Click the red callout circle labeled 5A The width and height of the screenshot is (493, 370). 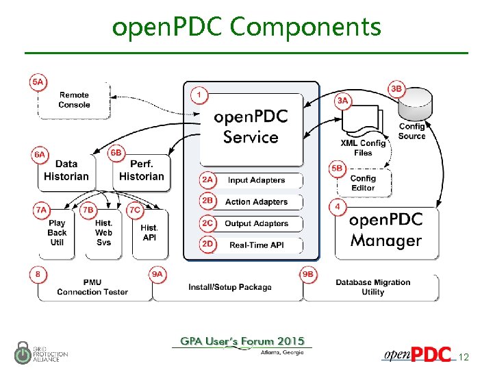point(38,82)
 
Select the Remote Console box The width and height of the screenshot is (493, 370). point(74,100)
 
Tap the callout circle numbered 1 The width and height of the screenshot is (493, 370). point(199,94)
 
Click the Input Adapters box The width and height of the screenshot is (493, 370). point(257,180)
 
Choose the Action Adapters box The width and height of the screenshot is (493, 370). point(257,202)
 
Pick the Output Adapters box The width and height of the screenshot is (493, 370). point(257,223)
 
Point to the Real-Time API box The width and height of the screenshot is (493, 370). point(257,245)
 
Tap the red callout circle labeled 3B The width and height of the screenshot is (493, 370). point(396,89)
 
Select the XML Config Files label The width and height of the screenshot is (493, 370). point(363,148)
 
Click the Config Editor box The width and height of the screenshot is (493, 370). point(363,183)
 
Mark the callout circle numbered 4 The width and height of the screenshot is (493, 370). point(337,206)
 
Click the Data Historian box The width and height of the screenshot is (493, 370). point(66,170)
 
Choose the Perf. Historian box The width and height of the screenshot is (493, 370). point(142,170)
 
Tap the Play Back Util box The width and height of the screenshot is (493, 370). point(58,233)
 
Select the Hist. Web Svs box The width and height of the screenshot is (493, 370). point(103,233)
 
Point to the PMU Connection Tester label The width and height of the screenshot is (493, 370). point(92,287)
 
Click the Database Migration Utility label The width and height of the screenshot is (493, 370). point(372,287)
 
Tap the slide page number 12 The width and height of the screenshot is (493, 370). point(464,357)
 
